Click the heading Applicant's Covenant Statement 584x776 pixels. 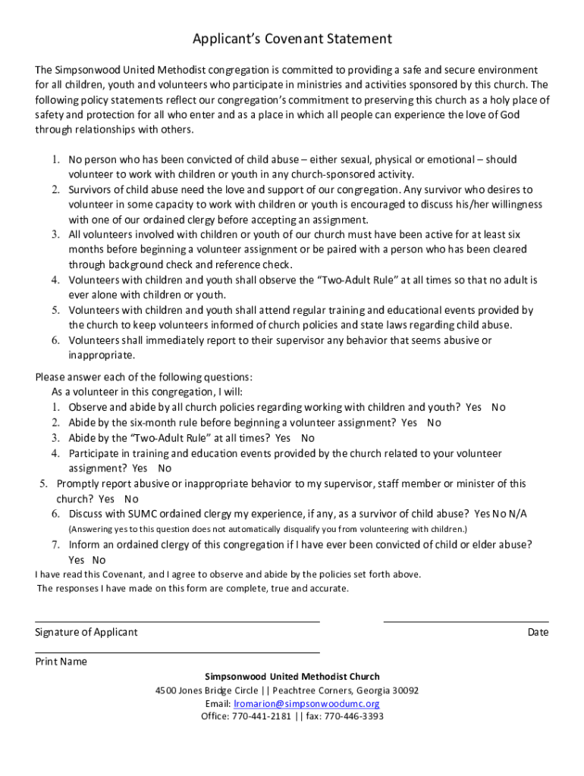[x=292, y=39]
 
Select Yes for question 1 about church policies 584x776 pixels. [x=473, y=408]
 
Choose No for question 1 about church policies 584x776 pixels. [x=498, y=408]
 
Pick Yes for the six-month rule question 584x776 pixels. [x=410, y=423]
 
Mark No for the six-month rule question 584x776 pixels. [x=434, y=423]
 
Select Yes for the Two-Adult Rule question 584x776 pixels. [x=283, y=438]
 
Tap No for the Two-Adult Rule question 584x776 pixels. [x=307, y=438]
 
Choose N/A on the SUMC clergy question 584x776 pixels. [x=518, y=514]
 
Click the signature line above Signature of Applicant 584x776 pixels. [x=177, y=621]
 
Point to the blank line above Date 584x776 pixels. [x=466, y=621]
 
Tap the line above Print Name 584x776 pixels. [x=177, y=652]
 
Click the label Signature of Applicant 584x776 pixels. [x=86, y=632]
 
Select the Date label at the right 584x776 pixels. [x=538, y=632]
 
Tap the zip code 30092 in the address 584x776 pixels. [x=403, y=691]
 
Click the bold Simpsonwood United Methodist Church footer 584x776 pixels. [x=292, y=677]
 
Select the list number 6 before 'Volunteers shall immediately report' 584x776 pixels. [x=56, y=341]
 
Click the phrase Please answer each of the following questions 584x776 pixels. [x=144, y=377]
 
